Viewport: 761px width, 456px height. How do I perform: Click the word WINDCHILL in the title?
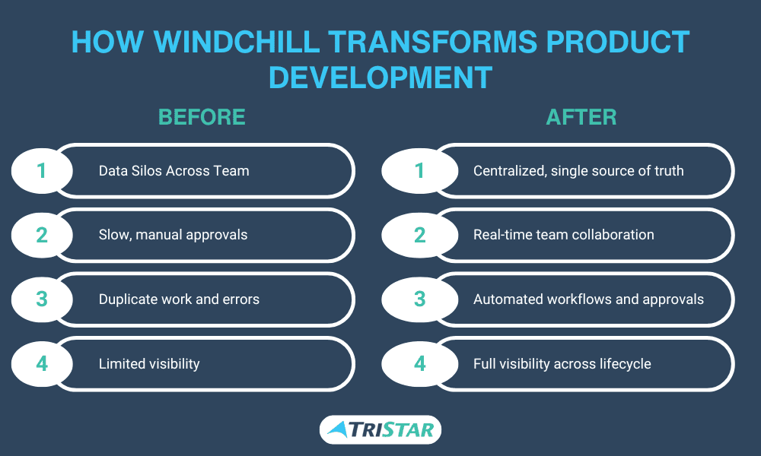237,42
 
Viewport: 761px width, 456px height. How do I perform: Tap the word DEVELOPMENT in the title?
380,78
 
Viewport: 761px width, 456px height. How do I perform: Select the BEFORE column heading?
202,117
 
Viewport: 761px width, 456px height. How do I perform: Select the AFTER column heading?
581,117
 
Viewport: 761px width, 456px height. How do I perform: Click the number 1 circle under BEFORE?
42,170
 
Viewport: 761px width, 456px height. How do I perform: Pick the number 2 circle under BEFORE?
42,235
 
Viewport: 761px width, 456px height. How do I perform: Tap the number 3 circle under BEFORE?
42,299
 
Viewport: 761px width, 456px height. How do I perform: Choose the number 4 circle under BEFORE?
42,363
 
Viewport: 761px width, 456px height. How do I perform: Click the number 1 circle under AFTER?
420,170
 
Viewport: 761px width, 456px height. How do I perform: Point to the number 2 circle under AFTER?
420,235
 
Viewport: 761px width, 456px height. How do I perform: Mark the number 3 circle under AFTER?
420,299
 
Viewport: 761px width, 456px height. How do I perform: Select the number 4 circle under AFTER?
420,363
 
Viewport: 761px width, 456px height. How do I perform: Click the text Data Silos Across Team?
174,170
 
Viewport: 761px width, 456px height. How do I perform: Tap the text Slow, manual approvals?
173,235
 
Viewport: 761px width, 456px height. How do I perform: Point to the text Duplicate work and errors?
179,299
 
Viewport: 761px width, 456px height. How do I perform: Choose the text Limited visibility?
149,364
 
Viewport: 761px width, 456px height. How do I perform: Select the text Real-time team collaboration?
563,235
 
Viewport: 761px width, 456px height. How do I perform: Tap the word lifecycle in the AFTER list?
625,364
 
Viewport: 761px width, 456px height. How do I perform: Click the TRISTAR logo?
380,430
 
